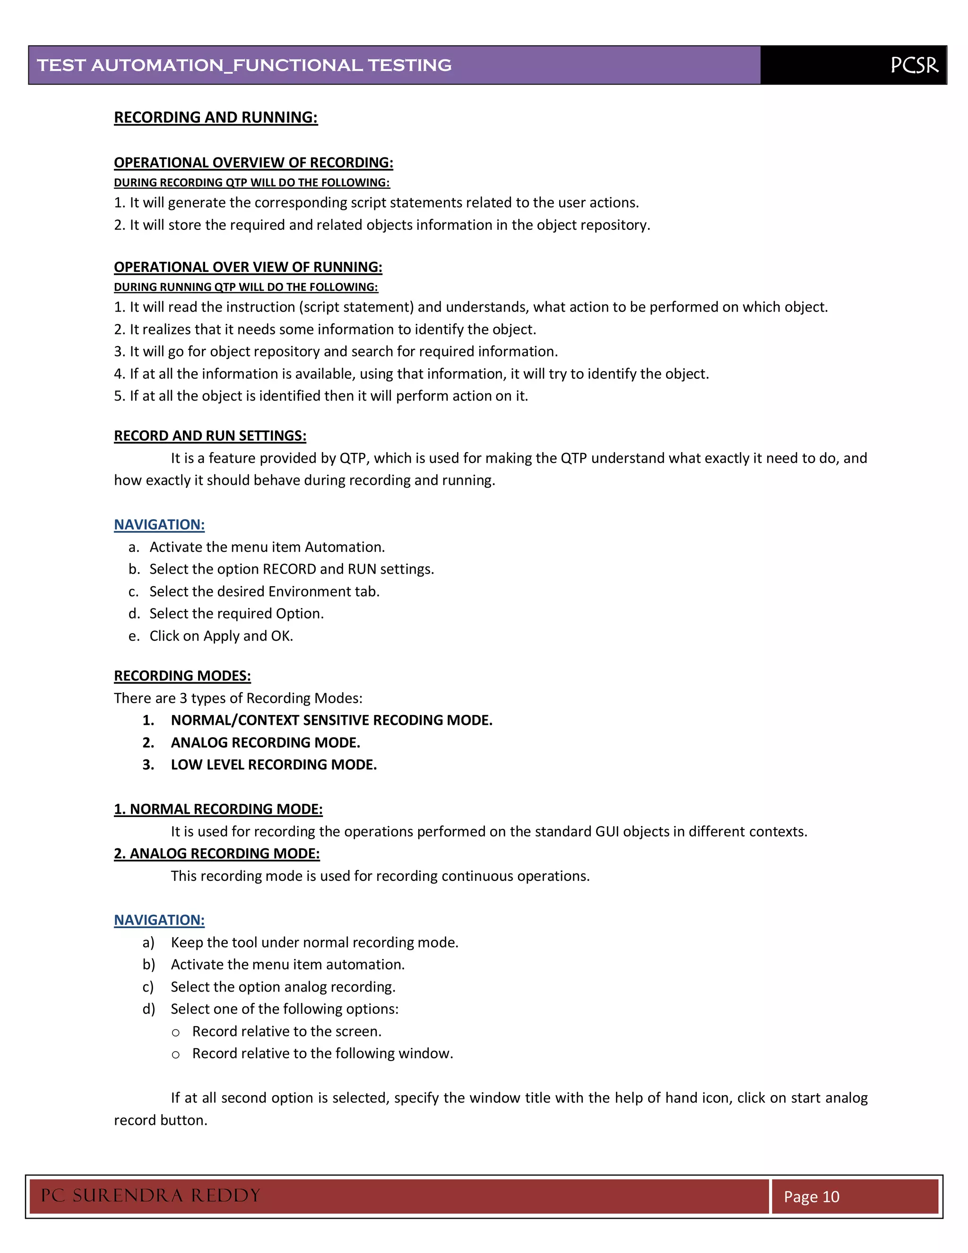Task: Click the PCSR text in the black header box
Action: tap(914, 65)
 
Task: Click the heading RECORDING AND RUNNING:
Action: tap(216, 118)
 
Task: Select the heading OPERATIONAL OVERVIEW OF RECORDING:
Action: tap(253, 163)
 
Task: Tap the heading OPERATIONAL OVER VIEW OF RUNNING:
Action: tap(248, 267)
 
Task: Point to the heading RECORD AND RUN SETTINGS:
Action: tap(210, 436)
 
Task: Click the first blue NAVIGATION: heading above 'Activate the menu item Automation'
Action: tap(159, 525)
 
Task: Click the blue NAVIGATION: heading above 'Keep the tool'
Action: tap(159, 920)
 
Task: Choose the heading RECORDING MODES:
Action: tap(182, 676)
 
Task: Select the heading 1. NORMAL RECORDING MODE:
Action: tap(218, 809)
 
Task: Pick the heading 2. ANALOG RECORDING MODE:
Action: tap(217, 853)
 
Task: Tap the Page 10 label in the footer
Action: tap(812, 1197)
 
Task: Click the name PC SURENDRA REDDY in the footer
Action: tap(150, 1196)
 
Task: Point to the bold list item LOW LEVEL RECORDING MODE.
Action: tap(274, 765)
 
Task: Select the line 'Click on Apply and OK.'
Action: tap(221, 636)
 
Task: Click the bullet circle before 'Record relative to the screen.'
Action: tap(176, 1033)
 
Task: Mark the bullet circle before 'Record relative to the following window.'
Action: tap(176, 1055)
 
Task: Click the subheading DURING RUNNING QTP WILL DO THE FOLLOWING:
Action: tap(245, 287)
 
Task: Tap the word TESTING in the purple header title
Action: tap(409, 65)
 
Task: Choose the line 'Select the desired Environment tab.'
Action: tap(264, 592)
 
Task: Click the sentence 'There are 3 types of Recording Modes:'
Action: tap(238, 698)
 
